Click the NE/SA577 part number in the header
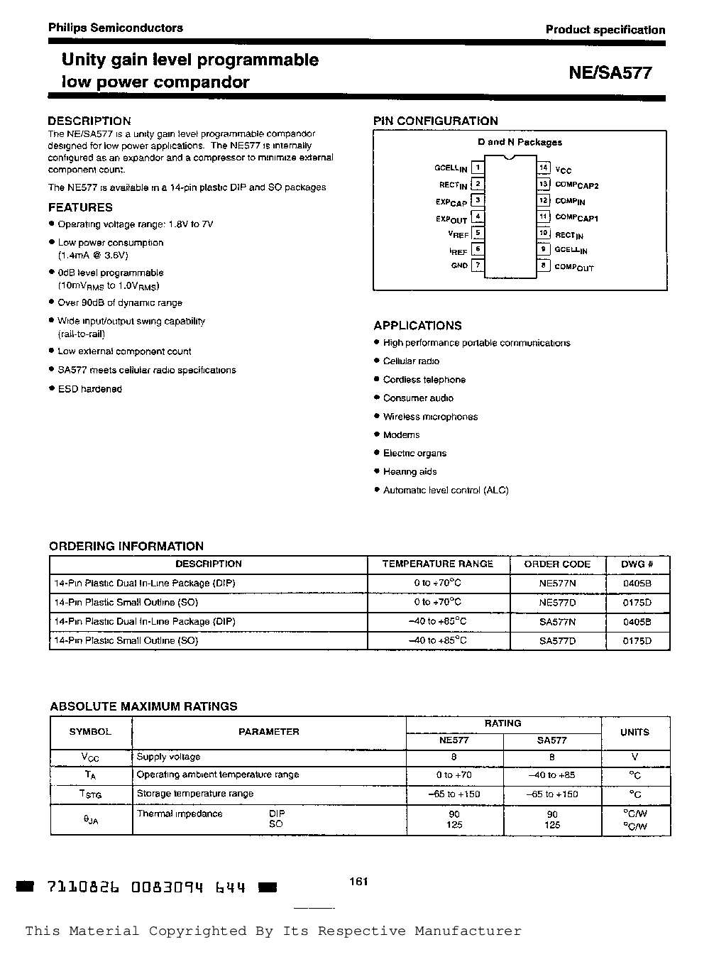click(x=610, y=73)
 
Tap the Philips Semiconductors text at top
click(x=115, y=28)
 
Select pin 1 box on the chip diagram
click(x=478, y=168)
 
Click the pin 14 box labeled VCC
click(x=544, y=168)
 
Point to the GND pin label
click(x=459, y=265)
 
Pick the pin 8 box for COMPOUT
click(x=544, y=265)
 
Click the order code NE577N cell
click(x=557, y=583)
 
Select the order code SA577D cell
click(x=557, y=640)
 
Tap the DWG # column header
click(x=637, y=564)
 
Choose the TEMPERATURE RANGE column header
click(x=437, y=564)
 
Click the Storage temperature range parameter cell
click(x=194, y=794)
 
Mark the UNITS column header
click(x=635, y=733)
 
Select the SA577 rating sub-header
click(x=551, y=740)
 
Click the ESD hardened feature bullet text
click(x=90, y=389)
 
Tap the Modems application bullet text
click(x=401, y=435)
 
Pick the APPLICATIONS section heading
click(x=417, y=326)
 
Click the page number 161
click(x=358, y=882)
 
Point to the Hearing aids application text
click(x=410, y=472)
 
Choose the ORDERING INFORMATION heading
click(x=126, y=546)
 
